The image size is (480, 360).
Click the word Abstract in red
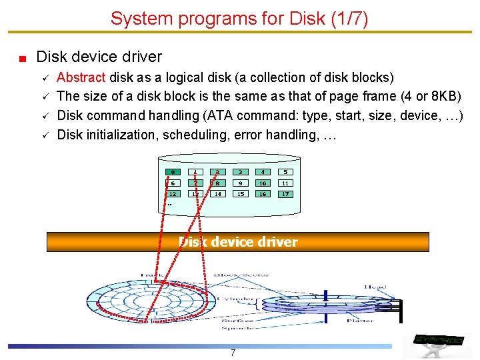coord(82,77)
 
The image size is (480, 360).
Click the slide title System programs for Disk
coord(239,18)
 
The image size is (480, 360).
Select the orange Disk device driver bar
coord(238,242)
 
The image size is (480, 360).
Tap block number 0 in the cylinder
coord(173,172)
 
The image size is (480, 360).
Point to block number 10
coord(263,183)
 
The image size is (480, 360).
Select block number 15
coord(240,194)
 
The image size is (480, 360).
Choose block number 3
coord(240,172)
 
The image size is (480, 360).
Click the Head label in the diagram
coord(375,287)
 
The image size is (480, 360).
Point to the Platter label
coord(360,321)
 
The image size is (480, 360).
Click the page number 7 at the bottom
coord(233,353)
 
